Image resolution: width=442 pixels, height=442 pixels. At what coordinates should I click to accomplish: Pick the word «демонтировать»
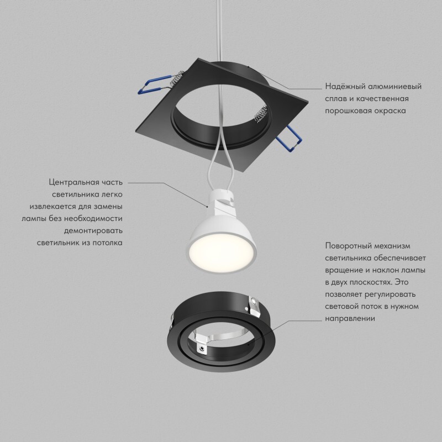click(x=93, y=231)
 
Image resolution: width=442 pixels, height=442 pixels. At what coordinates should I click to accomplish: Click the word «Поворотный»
click(x=348, y=246)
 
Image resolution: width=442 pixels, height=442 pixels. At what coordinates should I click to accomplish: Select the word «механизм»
click(x=392, y=246)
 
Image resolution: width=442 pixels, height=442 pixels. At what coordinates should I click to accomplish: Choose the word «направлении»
click(x=350, y=319)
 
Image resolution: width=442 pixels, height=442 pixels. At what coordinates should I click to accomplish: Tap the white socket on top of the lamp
click(x=222, y=201)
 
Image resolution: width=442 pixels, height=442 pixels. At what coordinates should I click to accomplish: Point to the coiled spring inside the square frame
click(x=261, y=113)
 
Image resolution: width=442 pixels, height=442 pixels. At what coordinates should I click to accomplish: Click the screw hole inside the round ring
click(x=202, y=349)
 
